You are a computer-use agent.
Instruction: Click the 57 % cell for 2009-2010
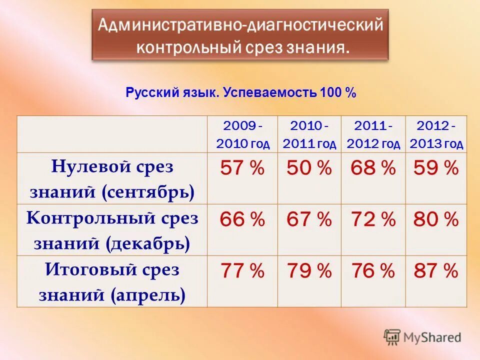[242, 168]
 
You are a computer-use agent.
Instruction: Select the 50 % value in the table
[309, 168]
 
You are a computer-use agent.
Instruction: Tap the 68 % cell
[373, 168]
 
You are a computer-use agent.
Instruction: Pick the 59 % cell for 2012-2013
[436, 168]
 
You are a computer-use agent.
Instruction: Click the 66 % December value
[242, 219]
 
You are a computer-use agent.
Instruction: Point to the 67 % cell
[309, 219]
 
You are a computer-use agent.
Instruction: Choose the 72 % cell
[373, 219]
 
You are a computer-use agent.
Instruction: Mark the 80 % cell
[436, 219]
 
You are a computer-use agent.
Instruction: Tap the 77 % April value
[242, 271]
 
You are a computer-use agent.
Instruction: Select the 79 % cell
[309, 271]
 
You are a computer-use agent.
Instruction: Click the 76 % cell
[373, 271]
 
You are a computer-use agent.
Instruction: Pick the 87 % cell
[436, 271]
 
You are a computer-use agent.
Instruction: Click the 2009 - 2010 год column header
[242, 134]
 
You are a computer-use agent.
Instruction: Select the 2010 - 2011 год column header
[309, 134]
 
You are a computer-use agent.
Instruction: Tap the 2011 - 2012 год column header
[373, 134]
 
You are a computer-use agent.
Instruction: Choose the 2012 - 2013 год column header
[436, 134]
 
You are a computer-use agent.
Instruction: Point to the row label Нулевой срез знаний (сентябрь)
[112, 178]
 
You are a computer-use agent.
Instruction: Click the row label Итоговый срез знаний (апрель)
[112, 282]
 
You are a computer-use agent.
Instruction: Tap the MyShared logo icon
[392, 337]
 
